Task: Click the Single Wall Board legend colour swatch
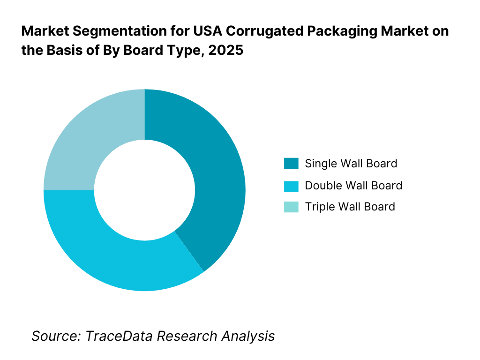click(291, 164)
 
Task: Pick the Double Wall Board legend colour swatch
click(291, 186)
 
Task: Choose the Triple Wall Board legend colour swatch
click(291, 207)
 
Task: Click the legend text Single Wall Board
click(351, 164)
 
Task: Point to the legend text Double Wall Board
click(353, 186)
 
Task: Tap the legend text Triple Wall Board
click(350, 207)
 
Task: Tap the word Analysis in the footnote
click(248, 336)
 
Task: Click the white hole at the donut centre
click(144, 190)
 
